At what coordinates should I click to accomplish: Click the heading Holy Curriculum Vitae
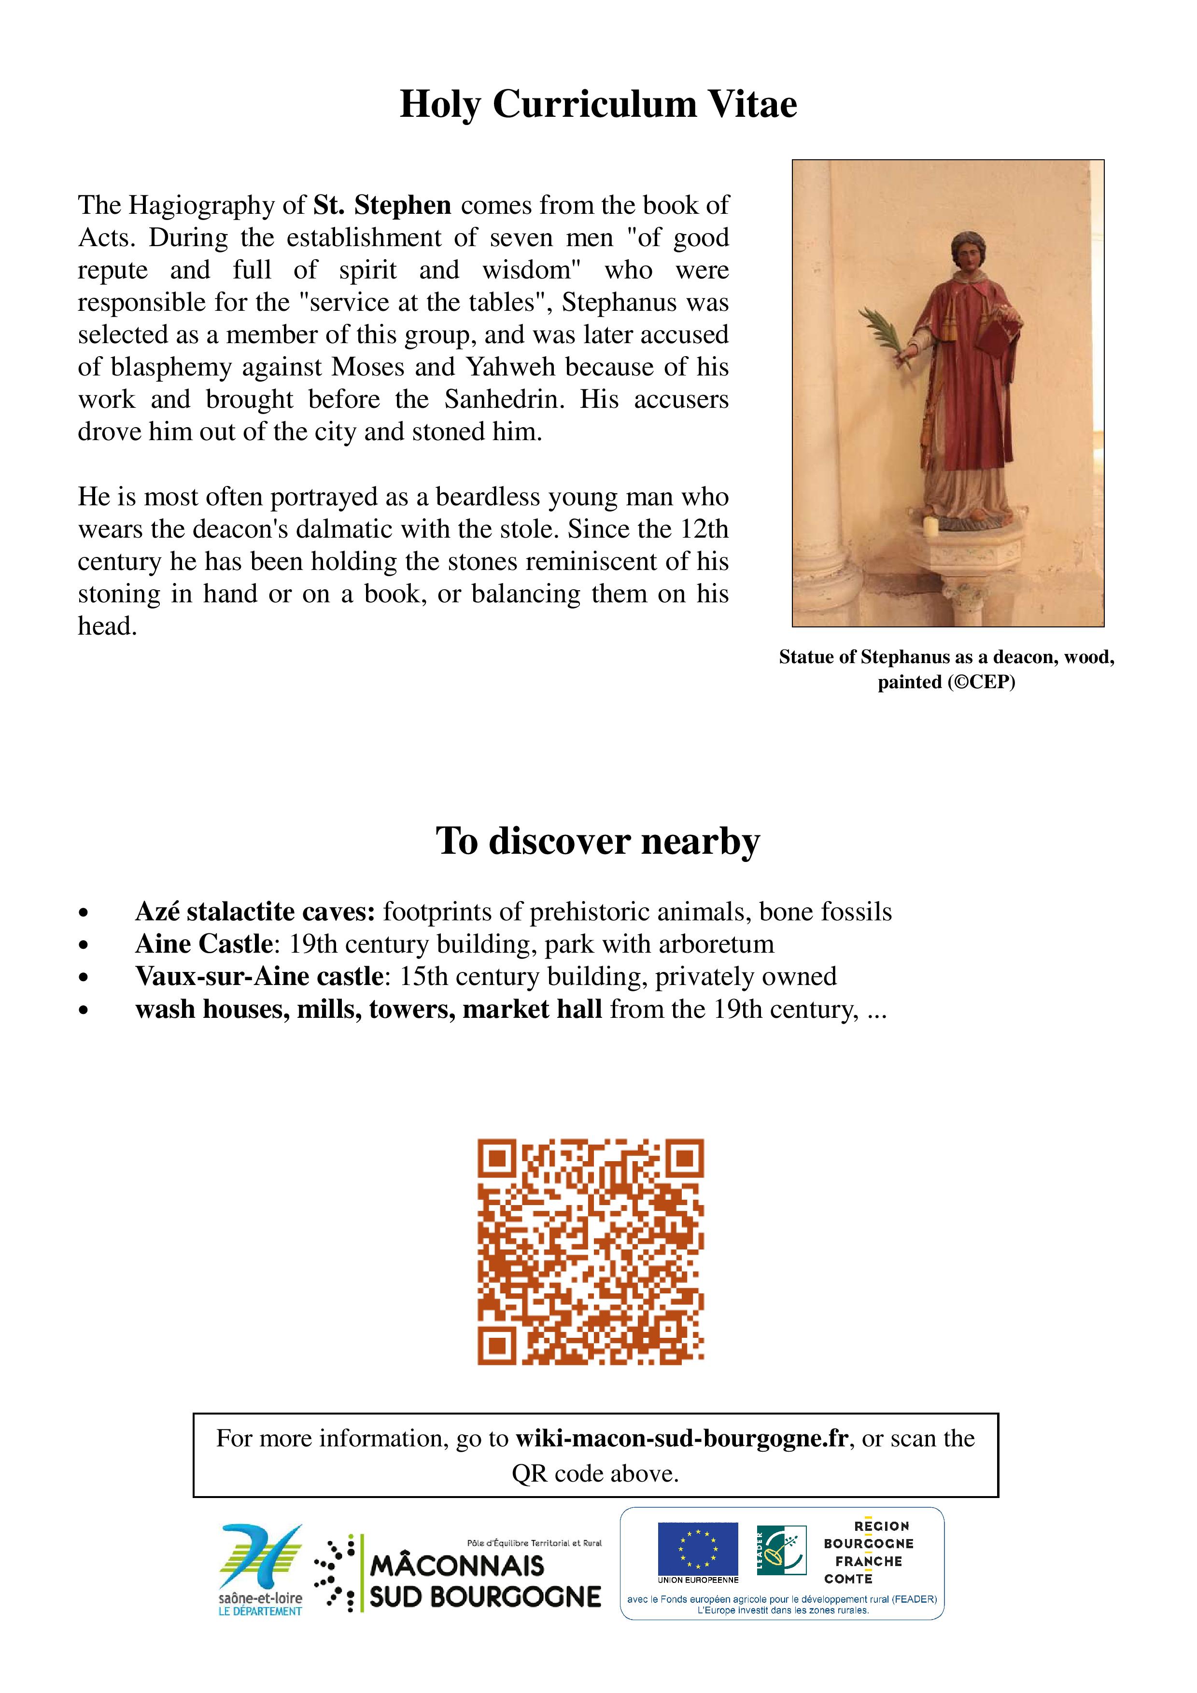[598, 104]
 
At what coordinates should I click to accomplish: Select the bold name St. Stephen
[382, 205]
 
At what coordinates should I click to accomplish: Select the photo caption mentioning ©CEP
[946, 669]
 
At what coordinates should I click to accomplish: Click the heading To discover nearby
[598, 841]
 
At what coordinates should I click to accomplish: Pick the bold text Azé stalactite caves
[255, 912]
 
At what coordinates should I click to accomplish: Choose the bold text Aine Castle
[204, 944]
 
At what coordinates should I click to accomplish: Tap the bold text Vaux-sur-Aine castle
[259, 977]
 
